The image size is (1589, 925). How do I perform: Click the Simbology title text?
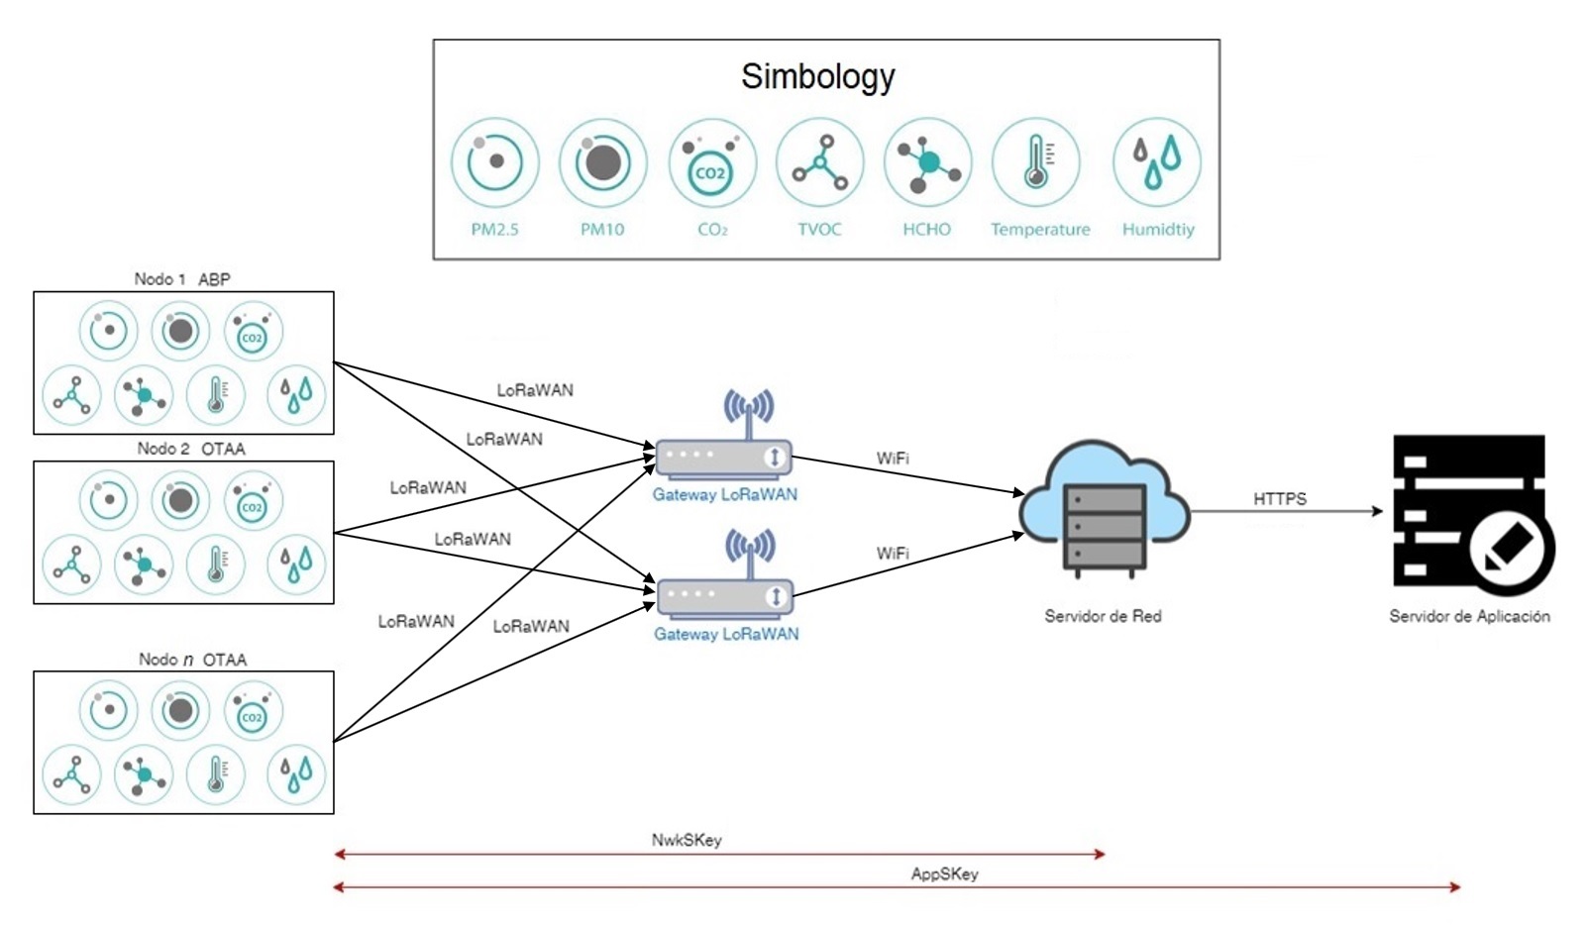click(817, 76)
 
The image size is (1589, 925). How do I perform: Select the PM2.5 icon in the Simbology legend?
click(494, 162)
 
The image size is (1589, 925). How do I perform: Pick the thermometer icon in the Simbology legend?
click(1036, 161)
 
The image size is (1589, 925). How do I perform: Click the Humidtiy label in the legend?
click(1158, 229)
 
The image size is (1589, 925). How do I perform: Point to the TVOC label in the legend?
click(819, 229)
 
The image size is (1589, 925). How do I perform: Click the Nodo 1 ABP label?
click(182, 279)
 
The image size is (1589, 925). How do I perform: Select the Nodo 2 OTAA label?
click(190, 449)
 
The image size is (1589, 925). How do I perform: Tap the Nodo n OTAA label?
click(192, 660)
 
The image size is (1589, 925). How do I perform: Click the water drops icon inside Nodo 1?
click(296, 393)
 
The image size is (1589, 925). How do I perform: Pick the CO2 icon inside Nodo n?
click(253, 711)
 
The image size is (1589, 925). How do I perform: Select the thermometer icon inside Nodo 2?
click(216, 564)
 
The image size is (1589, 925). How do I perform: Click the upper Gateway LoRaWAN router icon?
click(724, 456)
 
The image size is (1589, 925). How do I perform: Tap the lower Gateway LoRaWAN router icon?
click(725, 595)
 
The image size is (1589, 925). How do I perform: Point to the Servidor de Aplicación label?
click(1469, 616)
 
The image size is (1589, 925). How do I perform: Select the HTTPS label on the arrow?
click(1279, 499)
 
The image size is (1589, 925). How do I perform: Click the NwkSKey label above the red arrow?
click(687, 840)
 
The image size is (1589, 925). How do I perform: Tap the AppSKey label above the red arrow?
click(944, 874)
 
